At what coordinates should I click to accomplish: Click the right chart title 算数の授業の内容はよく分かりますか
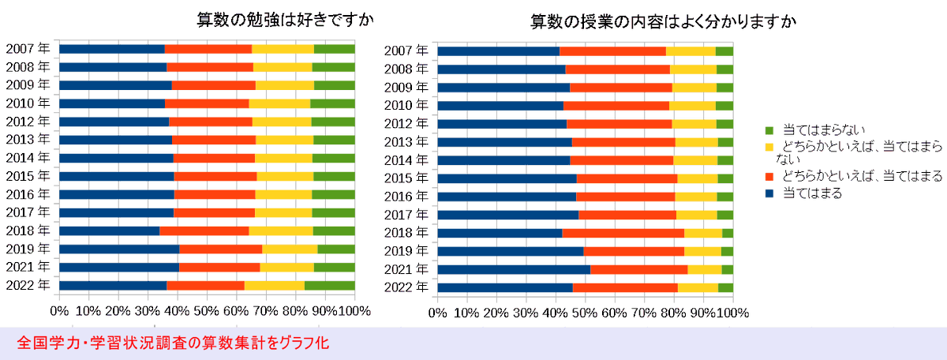663,21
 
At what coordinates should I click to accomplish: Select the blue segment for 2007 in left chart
111,49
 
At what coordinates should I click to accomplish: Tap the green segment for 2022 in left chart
329,285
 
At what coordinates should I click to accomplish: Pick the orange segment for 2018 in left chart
204,231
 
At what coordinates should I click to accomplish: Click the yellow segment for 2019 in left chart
290,249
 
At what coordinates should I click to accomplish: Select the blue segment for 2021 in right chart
514,269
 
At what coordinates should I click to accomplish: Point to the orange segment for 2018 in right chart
623,233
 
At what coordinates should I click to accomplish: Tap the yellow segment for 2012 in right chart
694,124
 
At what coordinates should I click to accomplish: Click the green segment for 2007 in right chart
724,51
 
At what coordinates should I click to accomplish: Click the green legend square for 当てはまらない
769,129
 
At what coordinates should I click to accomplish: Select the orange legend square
769,177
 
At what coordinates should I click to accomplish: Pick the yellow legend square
769,147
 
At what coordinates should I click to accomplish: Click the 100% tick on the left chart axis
353,311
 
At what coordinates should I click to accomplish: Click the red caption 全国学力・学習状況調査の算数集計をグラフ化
173,343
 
